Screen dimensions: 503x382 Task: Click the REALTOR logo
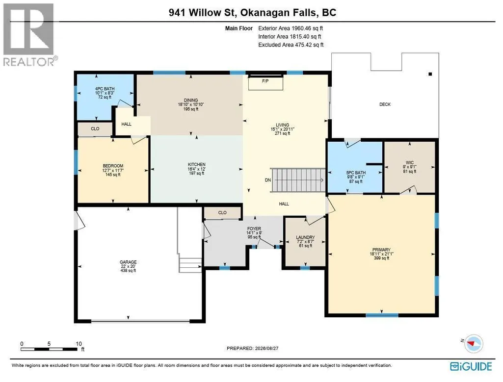30,35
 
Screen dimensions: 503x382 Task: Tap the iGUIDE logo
471,366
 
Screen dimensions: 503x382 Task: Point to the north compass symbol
474,343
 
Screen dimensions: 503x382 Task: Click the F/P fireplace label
265,81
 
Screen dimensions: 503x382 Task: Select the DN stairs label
268,180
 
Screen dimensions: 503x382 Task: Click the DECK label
385,104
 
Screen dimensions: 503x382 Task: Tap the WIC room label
410,162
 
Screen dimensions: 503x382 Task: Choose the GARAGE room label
128,262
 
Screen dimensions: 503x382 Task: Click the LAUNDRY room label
305,237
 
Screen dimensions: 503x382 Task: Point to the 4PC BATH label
105,89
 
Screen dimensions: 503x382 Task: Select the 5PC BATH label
356,173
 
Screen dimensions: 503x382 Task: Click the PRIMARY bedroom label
381,250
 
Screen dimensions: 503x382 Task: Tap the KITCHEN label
197,164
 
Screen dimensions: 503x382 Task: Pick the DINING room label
191,101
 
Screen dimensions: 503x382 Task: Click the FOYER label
254,229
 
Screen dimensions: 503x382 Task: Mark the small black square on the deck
430,74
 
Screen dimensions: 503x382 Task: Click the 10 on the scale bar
79,344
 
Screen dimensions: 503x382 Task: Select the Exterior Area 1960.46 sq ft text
291,28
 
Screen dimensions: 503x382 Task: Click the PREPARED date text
252,348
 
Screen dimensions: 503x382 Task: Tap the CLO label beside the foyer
222,212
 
